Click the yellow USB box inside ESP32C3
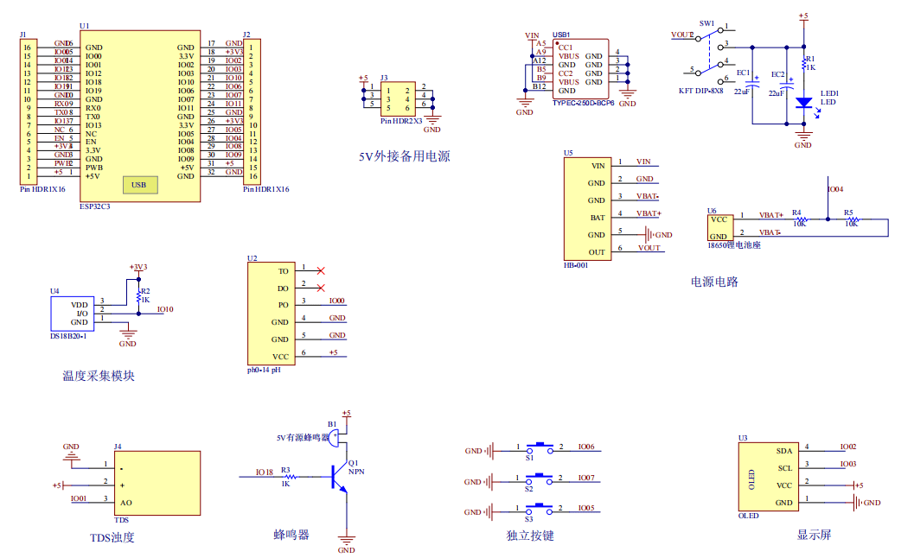click(x=138, y=184)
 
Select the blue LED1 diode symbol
click(x=803, y=102)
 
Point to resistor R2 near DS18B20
click(x=137, y=297)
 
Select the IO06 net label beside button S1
click(x=585, y=447)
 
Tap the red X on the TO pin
click(x=322, y=271)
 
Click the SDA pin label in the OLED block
click(x=783, y=451)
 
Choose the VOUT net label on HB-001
click(x=649, y=248)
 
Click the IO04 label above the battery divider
click(x=835, y=188)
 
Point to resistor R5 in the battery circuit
click(x=852, y=220)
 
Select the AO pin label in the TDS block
click(x=126, y=503)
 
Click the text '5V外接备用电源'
click(x=405, y=156)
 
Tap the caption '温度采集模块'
click(x=99, y=376)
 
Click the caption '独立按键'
click(x=529, y=536)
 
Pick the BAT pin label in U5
click(x=597, y=218)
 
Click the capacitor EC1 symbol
click(x=752, y=84)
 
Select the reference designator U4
click(x=54, y=291)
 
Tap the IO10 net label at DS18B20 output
click(x=165, y=309)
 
